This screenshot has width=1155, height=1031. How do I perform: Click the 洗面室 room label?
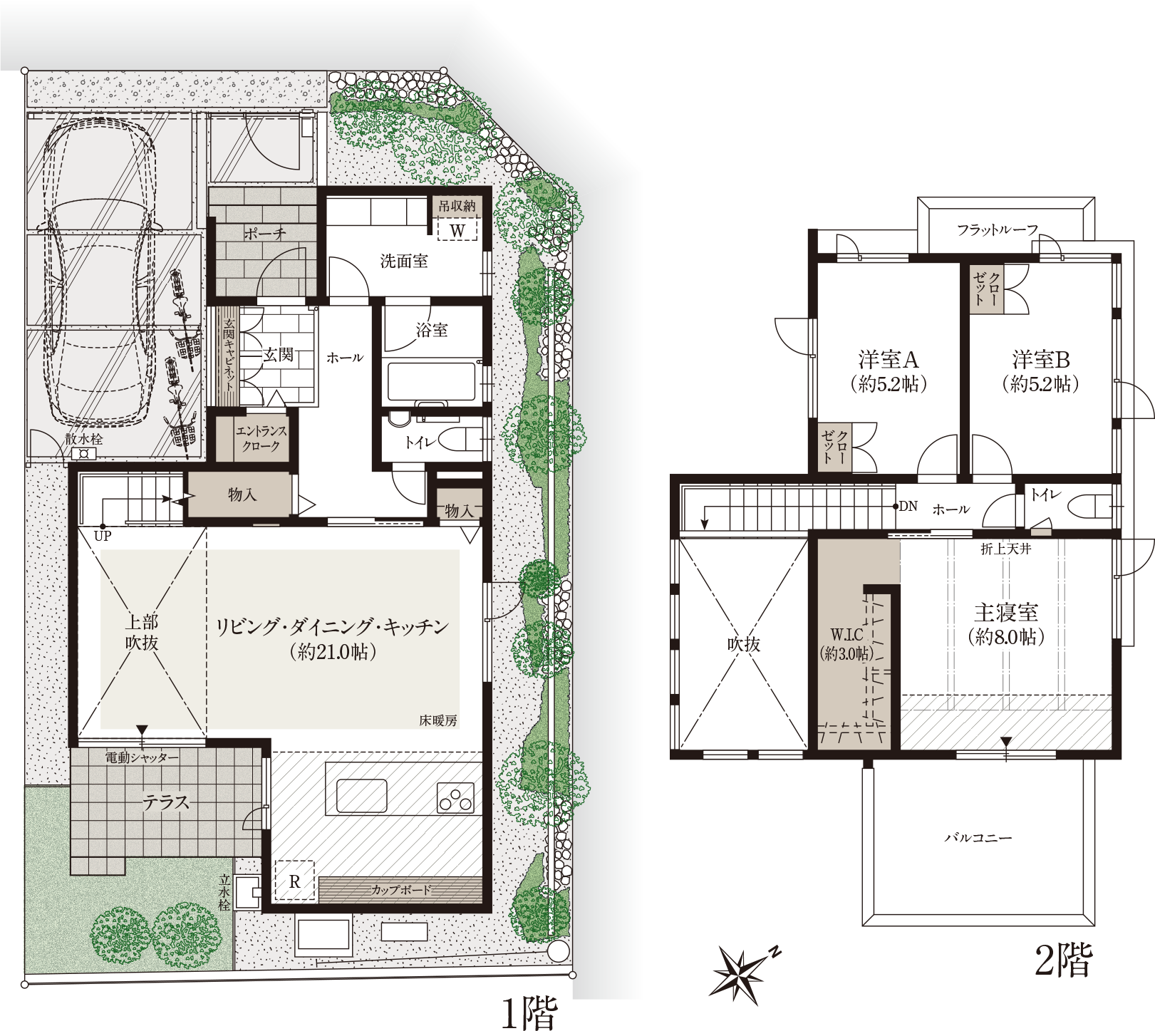[404, 261]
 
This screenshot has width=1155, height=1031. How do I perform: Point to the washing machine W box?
[457, 229]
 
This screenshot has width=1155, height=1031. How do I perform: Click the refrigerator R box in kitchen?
[294, 881]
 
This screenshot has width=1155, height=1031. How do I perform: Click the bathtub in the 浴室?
[431, 382]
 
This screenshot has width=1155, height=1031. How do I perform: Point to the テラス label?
[166, 802]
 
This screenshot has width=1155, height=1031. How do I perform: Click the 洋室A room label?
[889, 358]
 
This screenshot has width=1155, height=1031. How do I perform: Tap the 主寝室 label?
[1006, 612]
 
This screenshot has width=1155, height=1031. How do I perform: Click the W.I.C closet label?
[846, 634]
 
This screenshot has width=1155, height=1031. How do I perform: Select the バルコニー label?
[978, 838]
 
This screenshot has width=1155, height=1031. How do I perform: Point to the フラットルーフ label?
[998, 229]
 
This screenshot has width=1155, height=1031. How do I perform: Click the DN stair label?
[908, 507]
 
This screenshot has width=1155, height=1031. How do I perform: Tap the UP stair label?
[103, 536]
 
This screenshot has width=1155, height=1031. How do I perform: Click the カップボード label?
[401, 890]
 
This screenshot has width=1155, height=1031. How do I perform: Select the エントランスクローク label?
[261, 438]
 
